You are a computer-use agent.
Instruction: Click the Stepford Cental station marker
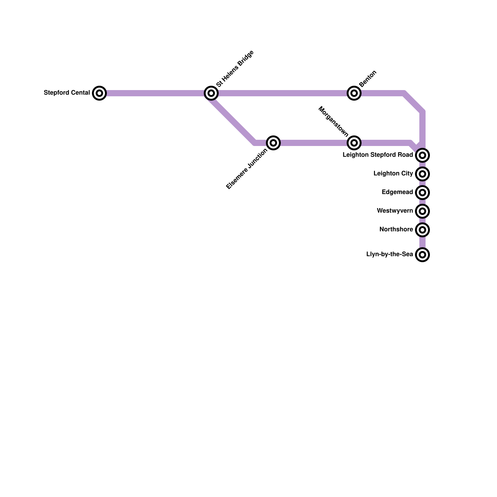(99, 93)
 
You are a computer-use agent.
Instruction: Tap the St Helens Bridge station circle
(211, 93)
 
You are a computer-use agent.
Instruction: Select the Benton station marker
(354, 93)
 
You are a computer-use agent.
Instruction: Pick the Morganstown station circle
(354, 143)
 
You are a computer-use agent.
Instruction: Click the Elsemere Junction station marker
(273, 143)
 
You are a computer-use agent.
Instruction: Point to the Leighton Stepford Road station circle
(422, 155)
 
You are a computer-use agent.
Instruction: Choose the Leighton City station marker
(422, 174)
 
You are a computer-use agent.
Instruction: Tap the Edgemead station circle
(422, 193)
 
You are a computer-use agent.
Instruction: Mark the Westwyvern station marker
(422, 211)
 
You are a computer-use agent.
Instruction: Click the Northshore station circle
(422, 230)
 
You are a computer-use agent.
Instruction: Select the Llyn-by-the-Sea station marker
(422, 255)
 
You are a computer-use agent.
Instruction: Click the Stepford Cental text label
(67, 93)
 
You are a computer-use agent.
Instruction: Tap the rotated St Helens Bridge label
(235, 69)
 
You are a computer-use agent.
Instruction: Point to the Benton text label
(368, 79)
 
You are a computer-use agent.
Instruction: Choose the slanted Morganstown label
(334, 122)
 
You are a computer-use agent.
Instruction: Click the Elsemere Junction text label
(247, 169)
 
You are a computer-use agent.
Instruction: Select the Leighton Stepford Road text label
(378, 155)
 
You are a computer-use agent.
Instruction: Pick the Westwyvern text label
(395, 211)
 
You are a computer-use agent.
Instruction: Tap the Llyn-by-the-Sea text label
(390, 254)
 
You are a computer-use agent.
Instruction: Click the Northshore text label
(396, 230)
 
